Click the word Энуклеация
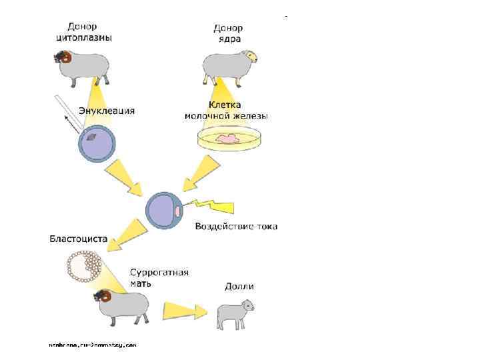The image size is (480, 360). (107, 110)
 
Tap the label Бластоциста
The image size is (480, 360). (77, 239)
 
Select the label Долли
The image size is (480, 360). (239, 287)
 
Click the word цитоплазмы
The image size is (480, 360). (83, 37)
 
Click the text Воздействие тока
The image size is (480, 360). (236, 227)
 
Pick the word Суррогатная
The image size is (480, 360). (159, 272)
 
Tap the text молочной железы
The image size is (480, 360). (226, 116)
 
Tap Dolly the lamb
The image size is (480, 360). (235, 313)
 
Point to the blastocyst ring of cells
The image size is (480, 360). (84, 265)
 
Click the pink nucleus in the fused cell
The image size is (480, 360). (178, 211)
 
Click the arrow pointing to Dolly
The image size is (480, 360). (185, 311)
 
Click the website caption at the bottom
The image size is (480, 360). (93, 345)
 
